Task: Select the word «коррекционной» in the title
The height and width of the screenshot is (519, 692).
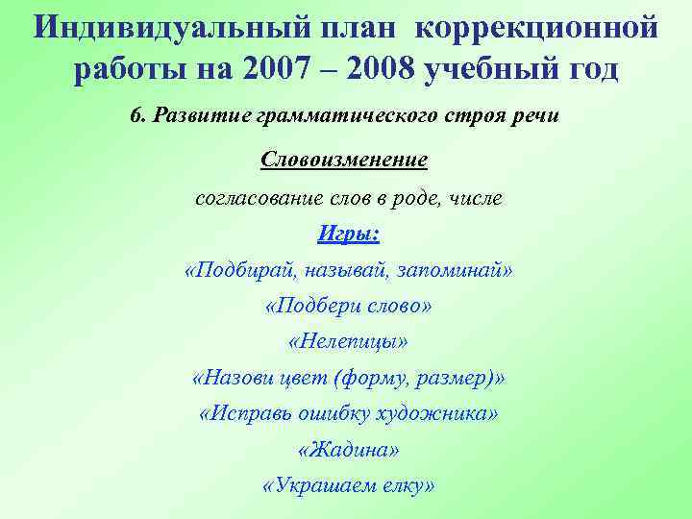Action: coord(538,26)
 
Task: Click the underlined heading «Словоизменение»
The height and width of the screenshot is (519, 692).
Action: coord(344,159)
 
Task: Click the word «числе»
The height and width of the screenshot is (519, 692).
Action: coord(470,200)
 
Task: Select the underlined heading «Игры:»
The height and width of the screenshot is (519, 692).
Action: coord(347,234)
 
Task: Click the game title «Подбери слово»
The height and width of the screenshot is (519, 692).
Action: coord(348,306)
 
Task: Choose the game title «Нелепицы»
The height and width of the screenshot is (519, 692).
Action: coord(348,341)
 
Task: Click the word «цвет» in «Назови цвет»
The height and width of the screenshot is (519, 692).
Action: coord(300,378)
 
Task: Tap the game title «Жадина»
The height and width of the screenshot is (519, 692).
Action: coord(348,450)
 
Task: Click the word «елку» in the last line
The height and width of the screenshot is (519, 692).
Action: coord(401,486)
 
